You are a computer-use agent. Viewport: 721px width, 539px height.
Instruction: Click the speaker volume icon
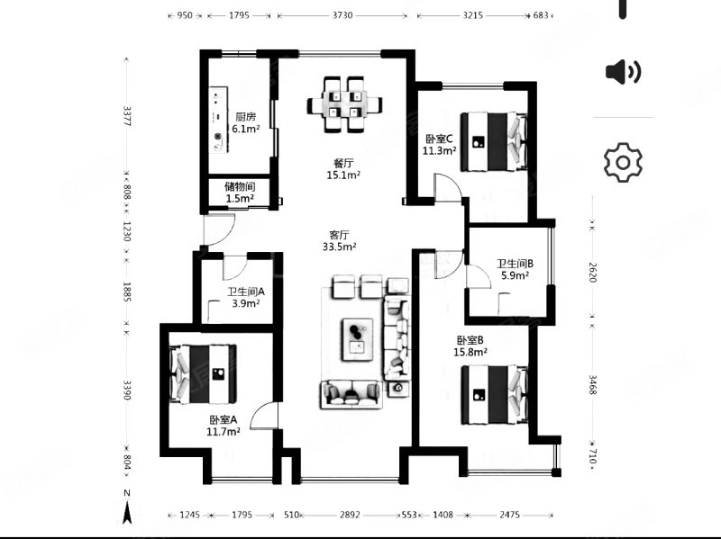[x=623, y=72]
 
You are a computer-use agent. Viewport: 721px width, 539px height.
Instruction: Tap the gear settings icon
[x=623, y=163]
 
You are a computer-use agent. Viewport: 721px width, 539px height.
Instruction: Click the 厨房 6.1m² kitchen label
[x=245, y=123]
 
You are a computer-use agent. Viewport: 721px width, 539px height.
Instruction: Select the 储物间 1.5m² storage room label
[x=240, y=193]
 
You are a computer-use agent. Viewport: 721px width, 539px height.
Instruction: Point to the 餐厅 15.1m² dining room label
[x=343, y=169]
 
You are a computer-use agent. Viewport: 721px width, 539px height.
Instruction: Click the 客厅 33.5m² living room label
[x=340, y=241]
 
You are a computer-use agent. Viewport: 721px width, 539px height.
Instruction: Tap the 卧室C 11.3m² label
[x=439, y=144]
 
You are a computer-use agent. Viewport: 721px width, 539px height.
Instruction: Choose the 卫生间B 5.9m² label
[x=515, y=270]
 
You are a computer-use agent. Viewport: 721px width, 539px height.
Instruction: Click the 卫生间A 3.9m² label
[x=246, y=298]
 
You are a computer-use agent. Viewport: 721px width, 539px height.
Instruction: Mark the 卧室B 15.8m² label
[x=470, y=346]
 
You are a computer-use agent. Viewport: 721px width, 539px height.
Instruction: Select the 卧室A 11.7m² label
[x=223, y=426]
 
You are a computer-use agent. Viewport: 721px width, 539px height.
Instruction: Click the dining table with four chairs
[x=344, y=104]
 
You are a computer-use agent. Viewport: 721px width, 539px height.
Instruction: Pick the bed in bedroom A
[x=204, y=374]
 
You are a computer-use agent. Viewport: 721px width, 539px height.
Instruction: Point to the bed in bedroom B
[x=494, y=395]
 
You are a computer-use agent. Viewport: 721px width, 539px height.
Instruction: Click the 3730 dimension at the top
[x=342, y=15]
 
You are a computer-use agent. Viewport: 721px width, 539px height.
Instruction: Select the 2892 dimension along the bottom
[x=350, y=515]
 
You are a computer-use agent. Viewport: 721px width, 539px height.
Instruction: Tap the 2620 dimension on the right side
[x=593, y=273]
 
